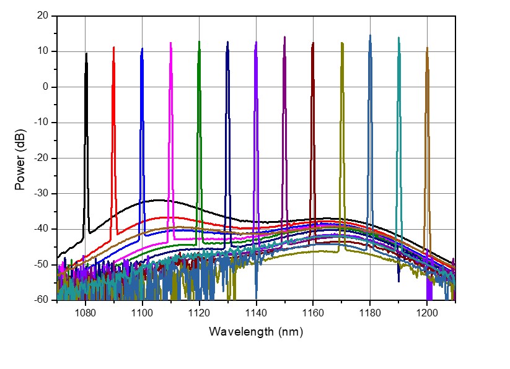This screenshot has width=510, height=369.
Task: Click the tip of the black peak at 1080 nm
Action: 86,54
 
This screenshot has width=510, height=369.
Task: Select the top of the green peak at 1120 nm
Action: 199,42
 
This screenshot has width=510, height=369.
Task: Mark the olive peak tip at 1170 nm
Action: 341,43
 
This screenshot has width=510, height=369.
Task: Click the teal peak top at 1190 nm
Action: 398,38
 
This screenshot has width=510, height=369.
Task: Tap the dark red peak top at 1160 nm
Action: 313,43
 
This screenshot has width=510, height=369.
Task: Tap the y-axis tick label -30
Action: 41,194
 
